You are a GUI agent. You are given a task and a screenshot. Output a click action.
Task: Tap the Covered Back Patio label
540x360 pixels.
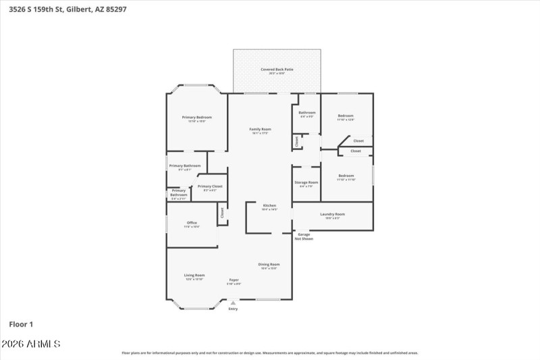[277, 70]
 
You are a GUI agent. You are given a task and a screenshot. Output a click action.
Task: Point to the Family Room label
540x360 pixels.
[260, 129]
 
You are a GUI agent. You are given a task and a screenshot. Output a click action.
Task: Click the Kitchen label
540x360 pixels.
[269, 205]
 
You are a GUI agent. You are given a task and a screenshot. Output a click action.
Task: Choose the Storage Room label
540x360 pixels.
[306, 182]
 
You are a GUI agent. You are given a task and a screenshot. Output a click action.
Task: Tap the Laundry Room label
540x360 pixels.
[332, 214]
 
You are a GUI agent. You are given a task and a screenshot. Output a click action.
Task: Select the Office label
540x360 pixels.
[192, 223]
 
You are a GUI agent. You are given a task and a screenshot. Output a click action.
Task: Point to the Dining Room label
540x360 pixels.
[269, 264]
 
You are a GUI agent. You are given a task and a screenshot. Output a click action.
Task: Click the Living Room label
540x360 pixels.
[194, 275]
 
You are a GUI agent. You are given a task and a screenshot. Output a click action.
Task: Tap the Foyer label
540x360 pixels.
[234, 280]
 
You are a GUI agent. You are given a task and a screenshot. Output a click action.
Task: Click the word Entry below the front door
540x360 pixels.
[233, 309]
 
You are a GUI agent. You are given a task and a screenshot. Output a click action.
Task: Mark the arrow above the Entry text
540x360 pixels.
[233, 303]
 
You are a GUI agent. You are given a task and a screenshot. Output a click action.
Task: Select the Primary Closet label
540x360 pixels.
[210, 186]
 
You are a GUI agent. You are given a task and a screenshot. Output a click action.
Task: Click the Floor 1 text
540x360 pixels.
[21, 324]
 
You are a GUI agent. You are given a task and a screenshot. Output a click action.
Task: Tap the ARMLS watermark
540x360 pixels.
[31, 344]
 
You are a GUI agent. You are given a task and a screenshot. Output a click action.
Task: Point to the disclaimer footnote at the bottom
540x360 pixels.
[269, 353]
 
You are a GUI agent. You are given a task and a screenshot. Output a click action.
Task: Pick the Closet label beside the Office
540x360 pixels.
[222, 212]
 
